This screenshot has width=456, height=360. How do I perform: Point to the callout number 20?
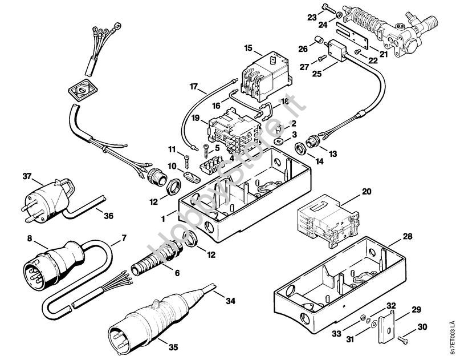[366, 191]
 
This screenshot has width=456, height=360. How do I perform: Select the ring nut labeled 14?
[300, 151]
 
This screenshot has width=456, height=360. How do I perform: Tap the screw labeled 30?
[405, 337]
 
